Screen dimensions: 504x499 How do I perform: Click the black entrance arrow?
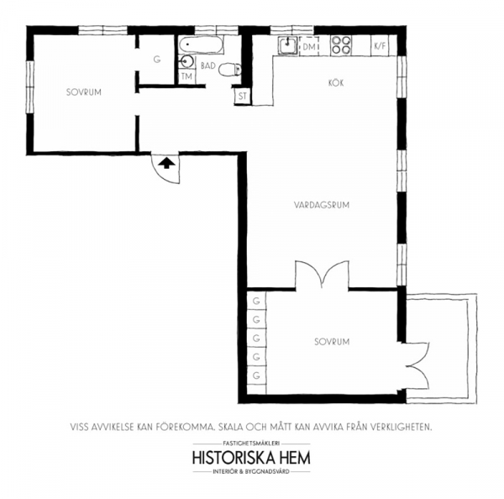tap(166, 163)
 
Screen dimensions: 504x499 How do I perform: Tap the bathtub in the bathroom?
tap(202, 45)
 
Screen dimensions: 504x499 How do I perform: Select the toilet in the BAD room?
tap(229, 69)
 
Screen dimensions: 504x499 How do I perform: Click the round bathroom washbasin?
tap(186, 61)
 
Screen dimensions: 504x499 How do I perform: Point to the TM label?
tap(186, 76)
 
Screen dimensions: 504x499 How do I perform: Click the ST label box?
tap(243, 96)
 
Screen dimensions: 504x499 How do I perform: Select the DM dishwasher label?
tap(309, 47)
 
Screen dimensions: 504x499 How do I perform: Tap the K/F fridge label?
tap(380, 46)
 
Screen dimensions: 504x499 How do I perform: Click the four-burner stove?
tap(341, 45)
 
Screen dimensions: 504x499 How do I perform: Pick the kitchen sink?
tap(287, 45)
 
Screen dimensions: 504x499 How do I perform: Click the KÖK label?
tap(336, 83)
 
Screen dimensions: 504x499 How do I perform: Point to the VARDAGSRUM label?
tap(322, 205)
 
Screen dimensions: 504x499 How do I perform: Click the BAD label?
tap(208, 66)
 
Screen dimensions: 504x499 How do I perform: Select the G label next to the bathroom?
tap(157, 60)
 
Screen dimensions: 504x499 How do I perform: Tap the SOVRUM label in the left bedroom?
tap(84, 92)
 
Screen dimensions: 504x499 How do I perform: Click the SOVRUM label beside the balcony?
tap(332, 342)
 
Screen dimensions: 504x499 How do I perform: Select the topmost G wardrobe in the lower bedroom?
tap(256, 301)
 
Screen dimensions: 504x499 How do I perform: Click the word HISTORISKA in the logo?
tap(234, 458)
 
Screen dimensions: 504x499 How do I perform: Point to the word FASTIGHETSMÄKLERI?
tap(251, 444)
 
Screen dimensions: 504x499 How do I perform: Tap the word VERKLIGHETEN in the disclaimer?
tap(402, 428)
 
